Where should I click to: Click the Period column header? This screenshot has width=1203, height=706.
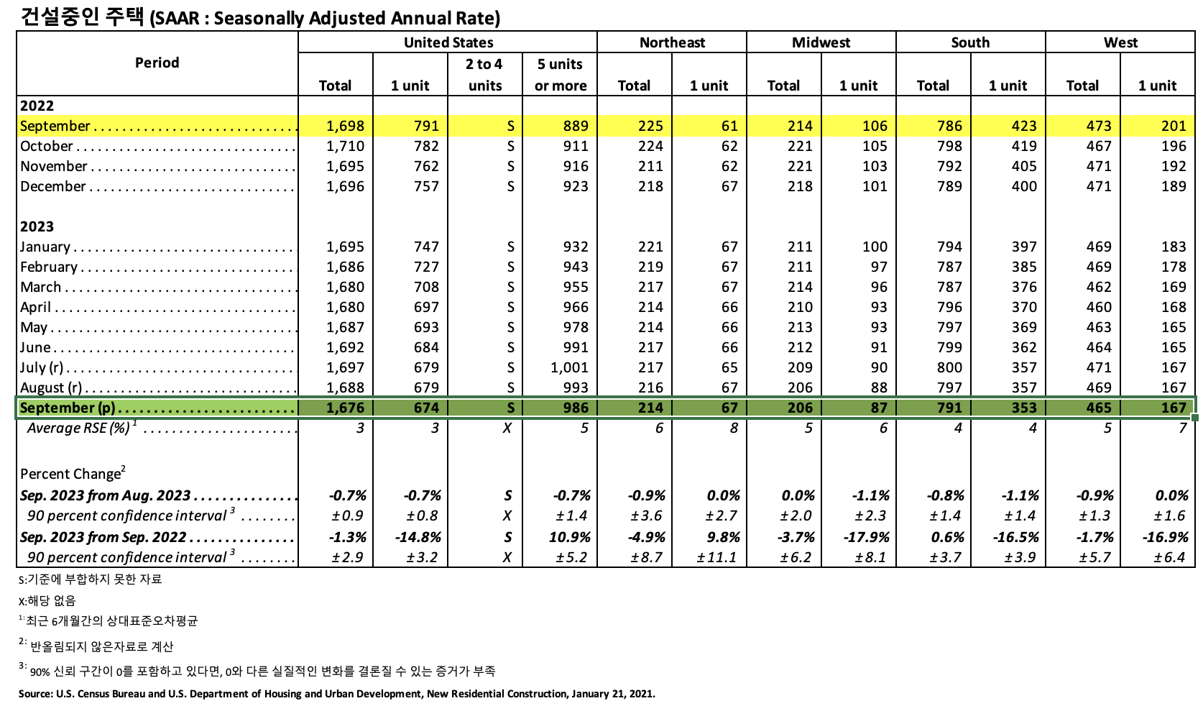tap(157, 63)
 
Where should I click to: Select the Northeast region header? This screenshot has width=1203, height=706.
tap(672, 42)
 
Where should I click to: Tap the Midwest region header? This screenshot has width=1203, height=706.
tap(821, 42)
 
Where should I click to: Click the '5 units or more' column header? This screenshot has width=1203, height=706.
tap(561, 75)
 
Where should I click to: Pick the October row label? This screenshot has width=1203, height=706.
tap(47, 146)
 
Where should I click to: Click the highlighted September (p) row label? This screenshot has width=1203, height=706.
tap(68, 408)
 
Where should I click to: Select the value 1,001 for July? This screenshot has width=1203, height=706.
tap(569, 367)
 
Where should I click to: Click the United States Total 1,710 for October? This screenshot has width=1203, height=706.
tap(345, 146)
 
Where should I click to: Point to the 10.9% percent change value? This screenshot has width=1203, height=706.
tap(571, 537)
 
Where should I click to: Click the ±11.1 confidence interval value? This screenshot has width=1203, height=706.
tap(716, 557)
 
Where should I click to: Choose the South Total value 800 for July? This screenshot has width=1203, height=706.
tap(949, 367)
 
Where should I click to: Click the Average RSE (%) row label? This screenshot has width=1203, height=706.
tap(79, 428)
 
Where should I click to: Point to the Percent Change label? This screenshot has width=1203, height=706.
tap(70, 474)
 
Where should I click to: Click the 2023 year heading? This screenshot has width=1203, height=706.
tap(37, 226)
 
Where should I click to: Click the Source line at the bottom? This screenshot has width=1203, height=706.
tap(336, 694)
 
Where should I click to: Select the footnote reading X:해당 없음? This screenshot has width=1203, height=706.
tap(47, 601)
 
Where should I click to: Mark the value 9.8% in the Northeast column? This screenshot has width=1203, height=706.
tap(724, 537)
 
